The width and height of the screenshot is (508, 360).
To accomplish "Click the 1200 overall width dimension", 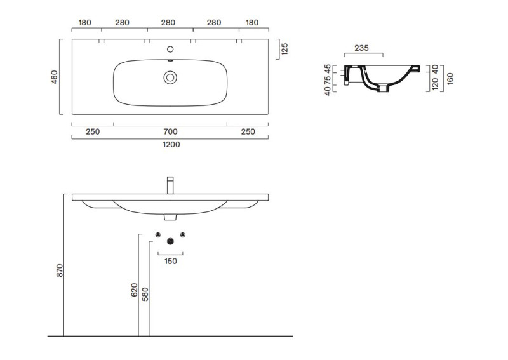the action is [171, 145].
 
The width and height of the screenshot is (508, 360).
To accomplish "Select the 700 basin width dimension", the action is [170, 131].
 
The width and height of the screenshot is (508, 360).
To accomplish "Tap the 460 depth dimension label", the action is [54, 77].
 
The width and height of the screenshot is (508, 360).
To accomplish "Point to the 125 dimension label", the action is [284, 49].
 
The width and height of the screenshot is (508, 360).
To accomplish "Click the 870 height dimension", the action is [60, 270].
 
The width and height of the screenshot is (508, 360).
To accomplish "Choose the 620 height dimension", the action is [135, 290].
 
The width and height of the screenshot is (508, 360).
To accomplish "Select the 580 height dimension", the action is [145, 294].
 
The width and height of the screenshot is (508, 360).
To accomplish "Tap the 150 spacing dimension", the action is [171, 261].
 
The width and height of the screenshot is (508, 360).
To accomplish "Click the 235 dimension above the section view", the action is [361, 48].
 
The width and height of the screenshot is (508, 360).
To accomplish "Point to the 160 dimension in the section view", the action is [450, 79].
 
